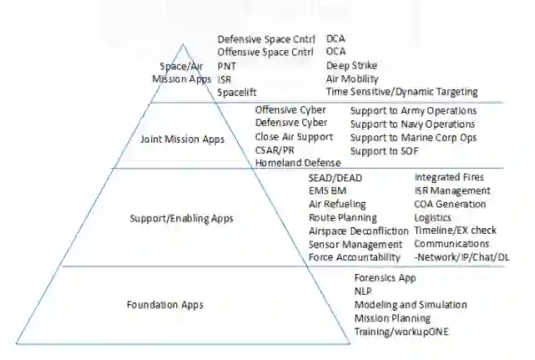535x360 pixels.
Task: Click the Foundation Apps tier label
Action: (x=164, y=305)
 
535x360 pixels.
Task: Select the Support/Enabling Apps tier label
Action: (x=182, y=219)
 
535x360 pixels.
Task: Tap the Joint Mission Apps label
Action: (x=182, y=139)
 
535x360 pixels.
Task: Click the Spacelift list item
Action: (x=236, y=92)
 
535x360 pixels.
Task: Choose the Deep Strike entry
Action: (x=351, y=65)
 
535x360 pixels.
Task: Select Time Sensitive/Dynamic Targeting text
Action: (x=401, y=92)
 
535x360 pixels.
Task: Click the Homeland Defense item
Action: (x=298, y=163)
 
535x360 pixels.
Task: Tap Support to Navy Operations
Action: (x=413, y=124)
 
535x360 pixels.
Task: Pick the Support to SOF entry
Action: (x=384, y=150)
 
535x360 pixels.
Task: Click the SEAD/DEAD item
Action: (x=336, y=178)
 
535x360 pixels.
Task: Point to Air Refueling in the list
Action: (x=336, y=204)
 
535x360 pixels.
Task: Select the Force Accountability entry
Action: (x=354, y=257)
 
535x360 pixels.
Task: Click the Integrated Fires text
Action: (x=448, y=178)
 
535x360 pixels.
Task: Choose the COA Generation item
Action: (x=450, y=204)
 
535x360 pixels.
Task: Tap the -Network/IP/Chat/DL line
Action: (x=462, y=257)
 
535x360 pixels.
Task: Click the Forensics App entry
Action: (x=385, y=278)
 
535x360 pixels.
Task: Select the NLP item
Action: (x=363, y=292)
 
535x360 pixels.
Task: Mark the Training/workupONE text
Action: (x=401, y=332)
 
